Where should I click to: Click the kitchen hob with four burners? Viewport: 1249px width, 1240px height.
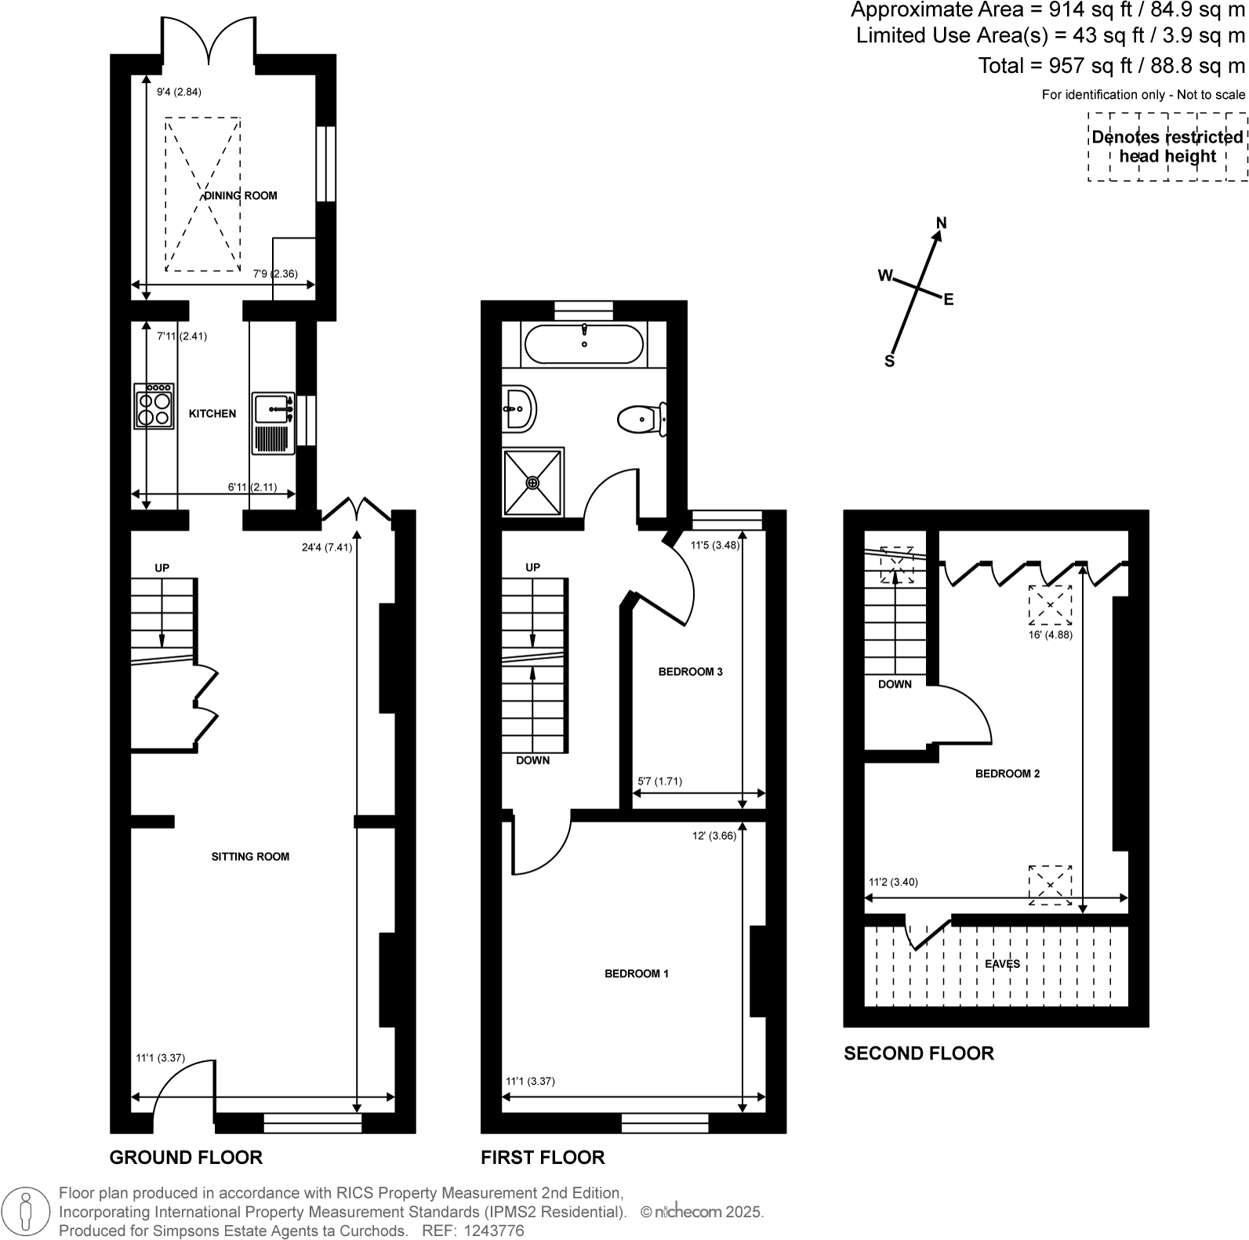pyautogui.click(x=154, y=406)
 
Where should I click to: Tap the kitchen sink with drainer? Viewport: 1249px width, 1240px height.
pyautogui.click(x=273, y=423)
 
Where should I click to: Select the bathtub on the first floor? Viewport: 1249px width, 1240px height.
pyautogui.click(x=583, y=345)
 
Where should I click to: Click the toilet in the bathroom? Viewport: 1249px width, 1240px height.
pyautogui.click(x=641, y=419)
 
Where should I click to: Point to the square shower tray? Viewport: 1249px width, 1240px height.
pyautogui.click(x=533, y=482)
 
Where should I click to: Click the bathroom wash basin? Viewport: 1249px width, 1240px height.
pyautogui.click(x=517, y=408)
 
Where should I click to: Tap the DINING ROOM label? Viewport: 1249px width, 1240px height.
pyautogui.click(x=241, y=196)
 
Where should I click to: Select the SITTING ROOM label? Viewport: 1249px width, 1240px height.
pyautogui.click(x=250, y=857)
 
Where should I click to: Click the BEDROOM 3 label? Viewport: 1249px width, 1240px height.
pyautogui.click(x=690, y=672)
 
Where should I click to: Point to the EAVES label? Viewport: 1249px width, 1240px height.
pyautogui.click(x=1003, y=964)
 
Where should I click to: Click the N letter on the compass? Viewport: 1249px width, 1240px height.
pyautogui.click(x=942, y=223)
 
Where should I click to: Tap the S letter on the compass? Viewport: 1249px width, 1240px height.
pyautogui.click(x=889, y=361)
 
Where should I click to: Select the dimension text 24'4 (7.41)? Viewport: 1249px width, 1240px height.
pyautogui.click(x=327, y=548)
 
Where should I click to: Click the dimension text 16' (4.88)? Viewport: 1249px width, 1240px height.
pyautogui.click(x=1050, y=635)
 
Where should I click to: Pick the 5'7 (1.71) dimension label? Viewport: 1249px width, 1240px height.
pyautogui.click(x=659, y=781)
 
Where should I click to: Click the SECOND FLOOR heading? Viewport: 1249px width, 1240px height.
pyautogui.click(x=918, y=1053)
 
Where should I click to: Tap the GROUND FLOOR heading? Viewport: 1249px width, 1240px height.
pyautogui.click(x=186, y=1158)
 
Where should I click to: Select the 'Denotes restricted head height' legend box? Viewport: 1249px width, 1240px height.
pyautogui.click(x=1167, y=147)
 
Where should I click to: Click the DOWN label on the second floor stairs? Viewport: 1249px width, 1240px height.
pyautogui.click(x=895, y=684)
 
